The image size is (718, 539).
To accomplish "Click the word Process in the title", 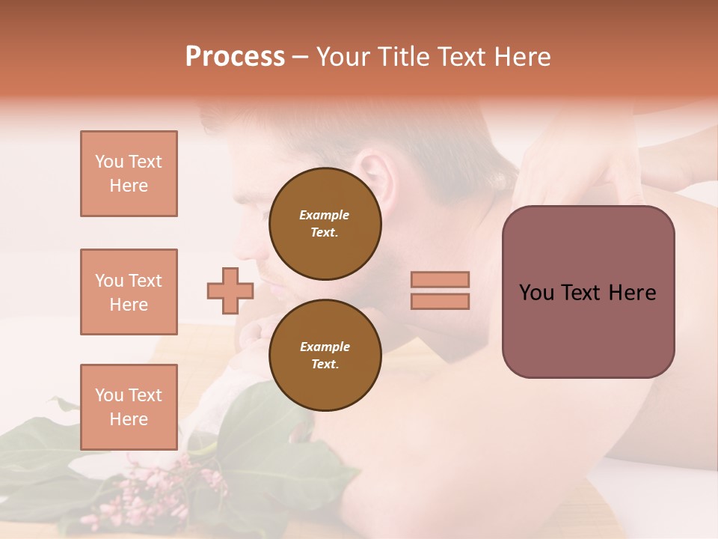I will coord(235,57).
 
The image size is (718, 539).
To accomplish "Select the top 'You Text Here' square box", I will coord(129,174).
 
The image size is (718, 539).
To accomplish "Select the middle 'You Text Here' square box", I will coord(129,292).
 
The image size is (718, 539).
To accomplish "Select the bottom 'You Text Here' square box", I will coord(129,407).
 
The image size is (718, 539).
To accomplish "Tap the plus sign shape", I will coord(230,290).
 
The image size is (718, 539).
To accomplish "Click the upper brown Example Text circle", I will coord(325,224).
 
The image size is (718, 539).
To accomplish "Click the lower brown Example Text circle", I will coord(325,356).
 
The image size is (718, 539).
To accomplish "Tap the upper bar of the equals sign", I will coord(440,280).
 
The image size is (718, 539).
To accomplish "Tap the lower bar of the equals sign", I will coord(440,302).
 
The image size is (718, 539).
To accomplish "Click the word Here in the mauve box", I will coord(632,293).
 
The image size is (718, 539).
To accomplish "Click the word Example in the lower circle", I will coord(325,347).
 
